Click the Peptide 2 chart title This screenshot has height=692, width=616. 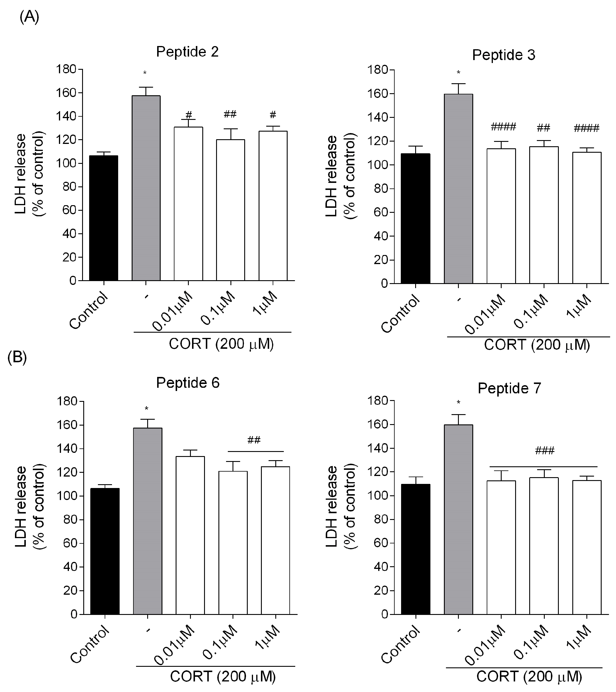pyautogui.click(x=187, y=52)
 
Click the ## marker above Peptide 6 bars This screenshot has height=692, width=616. pyautogui.click(x=254, y=440)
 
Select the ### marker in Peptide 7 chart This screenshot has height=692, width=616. pyautogui.click(x=544, y=450)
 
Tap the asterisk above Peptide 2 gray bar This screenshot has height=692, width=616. pyautogui.click(x=145, y=73)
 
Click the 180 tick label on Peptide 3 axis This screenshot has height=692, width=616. pyautogui.click(x=378, y=70)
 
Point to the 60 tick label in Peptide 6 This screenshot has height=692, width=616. pyautogui.click(x=70, y=543)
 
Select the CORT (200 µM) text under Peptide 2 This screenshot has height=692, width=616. pyautogui.click(x=221, y=344)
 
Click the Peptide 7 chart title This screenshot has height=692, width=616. pyautogui.click(x=509, y=388)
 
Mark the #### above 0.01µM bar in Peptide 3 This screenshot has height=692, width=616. pyautogui.click(x=503, y=127)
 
